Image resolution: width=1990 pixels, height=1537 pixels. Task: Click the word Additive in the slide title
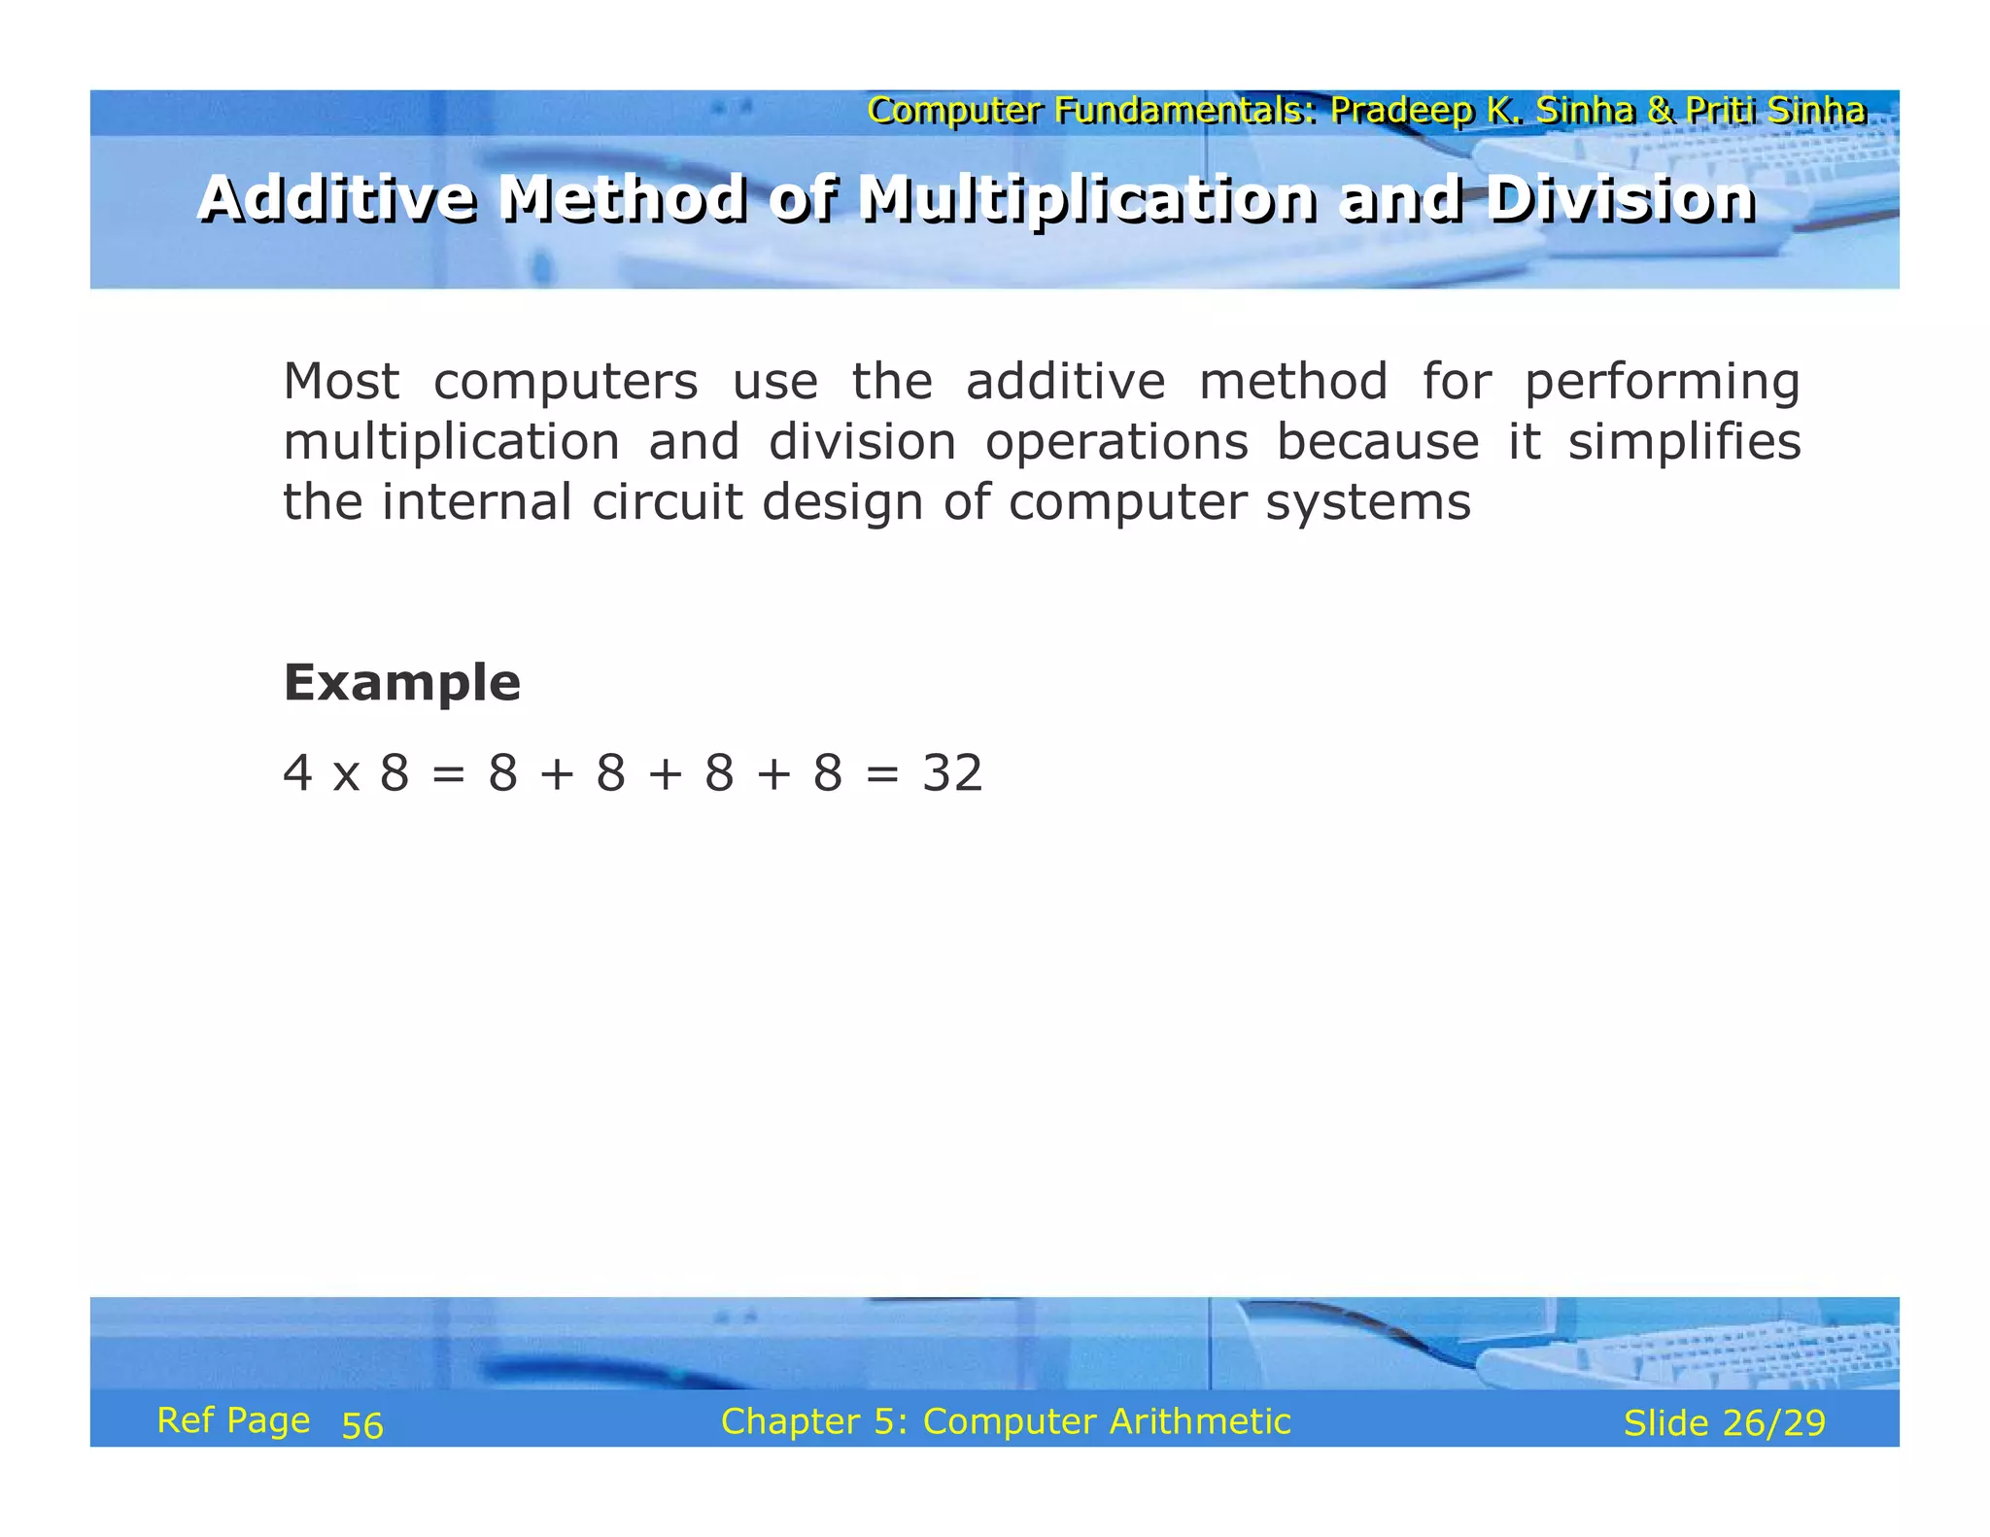(x=337, y=198)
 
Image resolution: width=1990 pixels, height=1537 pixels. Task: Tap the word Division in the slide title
(x=1620, y=198)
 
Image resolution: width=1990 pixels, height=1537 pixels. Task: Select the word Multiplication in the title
(x=1087, y=198)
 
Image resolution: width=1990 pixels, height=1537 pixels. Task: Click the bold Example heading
(x=401, y=682)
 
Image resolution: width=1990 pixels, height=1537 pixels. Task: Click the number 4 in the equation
(x=297, y=774)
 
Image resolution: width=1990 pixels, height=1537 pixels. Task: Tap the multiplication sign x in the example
(x=346, y=777)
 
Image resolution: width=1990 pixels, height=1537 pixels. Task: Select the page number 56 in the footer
(x=362, y=1425)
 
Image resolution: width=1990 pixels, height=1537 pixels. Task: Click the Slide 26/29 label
(x=1724, y=1422)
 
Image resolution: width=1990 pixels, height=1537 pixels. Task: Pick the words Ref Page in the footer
(x=233, y=1420)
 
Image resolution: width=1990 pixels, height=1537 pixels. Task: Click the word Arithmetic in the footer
(x=1200, y=1421)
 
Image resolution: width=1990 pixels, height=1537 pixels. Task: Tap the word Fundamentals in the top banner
(x=1185, y=111)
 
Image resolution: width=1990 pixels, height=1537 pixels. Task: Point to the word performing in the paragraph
(x=1662, y=382)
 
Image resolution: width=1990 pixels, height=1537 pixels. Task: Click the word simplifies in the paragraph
(x=1684, y=442)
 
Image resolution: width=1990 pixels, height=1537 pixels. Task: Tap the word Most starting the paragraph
(x=340, y=381)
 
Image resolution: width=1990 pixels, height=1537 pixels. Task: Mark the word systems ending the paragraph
(x=1367, y=503)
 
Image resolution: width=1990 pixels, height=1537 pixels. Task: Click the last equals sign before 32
(x=882, y=775)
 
